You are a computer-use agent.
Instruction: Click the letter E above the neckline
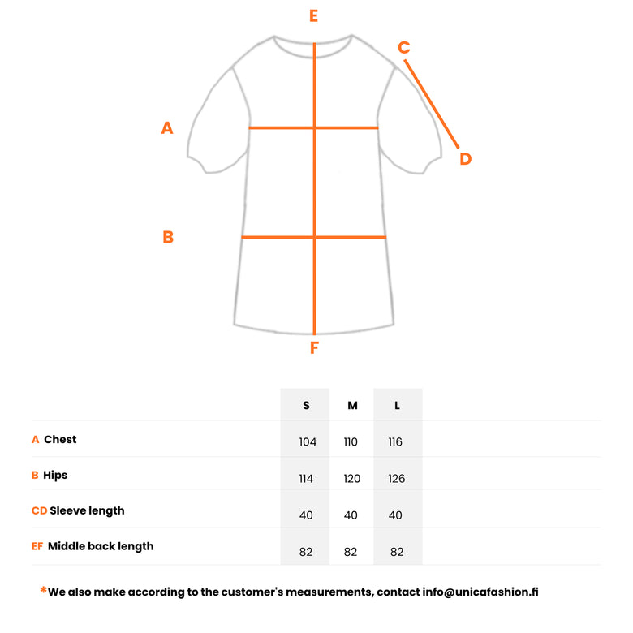pos(314,16)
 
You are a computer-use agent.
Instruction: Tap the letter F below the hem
pos(314,349)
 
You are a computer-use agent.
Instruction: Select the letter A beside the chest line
pos(167,127)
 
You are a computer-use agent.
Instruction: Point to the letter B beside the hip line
pos(168,237)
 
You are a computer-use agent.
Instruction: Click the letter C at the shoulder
pos(404,48)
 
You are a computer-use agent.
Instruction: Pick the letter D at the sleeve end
pos(465,159)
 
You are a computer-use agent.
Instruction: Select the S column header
pos(306,406)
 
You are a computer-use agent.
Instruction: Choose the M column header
pos(352,406)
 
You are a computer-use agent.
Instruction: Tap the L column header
pos(397,406)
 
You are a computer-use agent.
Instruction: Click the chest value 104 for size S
pos(307,442)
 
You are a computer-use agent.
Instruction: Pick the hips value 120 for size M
pos(352,479)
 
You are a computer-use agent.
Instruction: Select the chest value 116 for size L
pos(397,442)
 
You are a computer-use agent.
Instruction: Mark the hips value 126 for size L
pos(397,479)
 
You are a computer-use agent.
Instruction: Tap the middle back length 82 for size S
pos(306,552)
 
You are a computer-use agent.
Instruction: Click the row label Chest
pos(60,440)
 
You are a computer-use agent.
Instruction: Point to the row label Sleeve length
pos(87,511)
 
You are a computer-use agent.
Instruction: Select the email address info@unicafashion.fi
pos(480,592)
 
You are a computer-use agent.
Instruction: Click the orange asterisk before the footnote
pos(43,590)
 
